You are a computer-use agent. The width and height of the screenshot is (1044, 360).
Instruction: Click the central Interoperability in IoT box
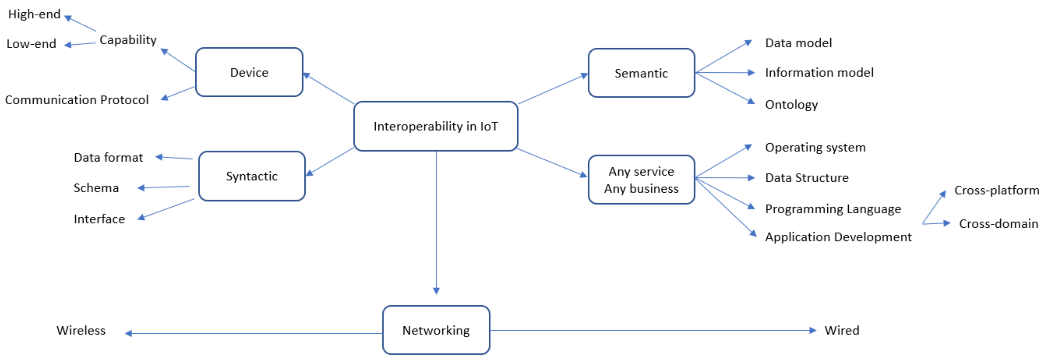[436, 126]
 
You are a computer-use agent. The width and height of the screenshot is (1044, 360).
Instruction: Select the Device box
[249, 72]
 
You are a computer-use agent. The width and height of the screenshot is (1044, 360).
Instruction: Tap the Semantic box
[641, 73]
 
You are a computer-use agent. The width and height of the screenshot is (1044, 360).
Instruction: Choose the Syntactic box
[252, 176]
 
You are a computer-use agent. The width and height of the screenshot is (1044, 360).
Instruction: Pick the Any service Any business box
[641, 179]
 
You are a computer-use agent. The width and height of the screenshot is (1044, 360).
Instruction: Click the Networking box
[436, 330]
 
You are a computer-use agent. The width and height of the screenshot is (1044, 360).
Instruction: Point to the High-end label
[34, 14]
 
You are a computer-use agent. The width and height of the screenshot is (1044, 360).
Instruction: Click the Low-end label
[31, 44]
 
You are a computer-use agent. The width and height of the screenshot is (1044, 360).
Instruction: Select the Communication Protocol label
[77, 100]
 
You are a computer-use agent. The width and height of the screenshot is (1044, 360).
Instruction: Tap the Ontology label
[791, 105]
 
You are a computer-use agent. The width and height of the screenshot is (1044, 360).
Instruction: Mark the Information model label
[819, 73]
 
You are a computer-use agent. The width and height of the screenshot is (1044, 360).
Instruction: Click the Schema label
[96, 188]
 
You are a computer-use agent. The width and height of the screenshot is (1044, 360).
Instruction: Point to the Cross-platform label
[997, 190]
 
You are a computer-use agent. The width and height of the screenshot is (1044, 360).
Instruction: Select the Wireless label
[81, 331]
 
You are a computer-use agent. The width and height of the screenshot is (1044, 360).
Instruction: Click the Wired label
[842, 331]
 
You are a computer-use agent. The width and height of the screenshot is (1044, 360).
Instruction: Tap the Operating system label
[815, 148]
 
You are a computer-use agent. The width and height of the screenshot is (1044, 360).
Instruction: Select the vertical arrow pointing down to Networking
[436, 223]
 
